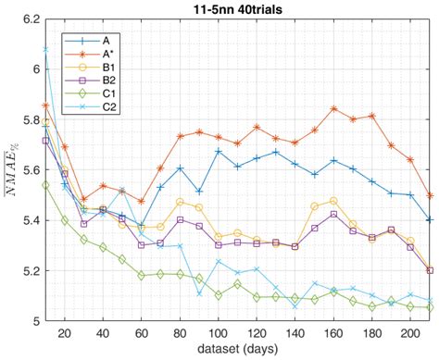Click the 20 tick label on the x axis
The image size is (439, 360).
point(64,333)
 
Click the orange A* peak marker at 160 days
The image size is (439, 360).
point(333,108)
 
